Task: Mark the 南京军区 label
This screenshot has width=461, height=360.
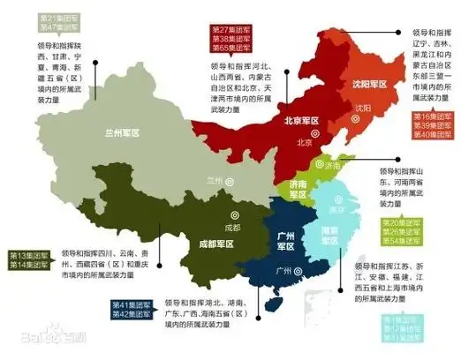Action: [329, 236]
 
